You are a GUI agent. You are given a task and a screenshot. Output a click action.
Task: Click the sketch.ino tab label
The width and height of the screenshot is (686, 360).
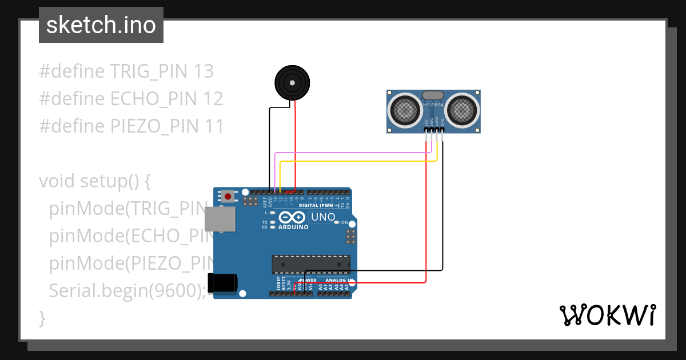point(101,25)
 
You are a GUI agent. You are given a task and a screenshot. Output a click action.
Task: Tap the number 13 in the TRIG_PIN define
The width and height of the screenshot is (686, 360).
point(204,71)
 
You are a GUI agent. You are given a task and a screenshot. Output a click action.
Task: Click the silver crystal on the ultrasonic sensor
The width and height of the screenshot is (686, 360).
point(433,95)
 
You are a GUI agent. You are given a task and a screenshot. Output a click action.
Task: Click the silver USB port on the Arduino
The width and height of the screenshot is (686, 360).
point(220,219)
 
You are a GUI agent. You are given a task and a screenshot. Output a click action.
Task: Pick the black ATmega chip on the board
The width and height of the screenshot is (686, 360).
point(310,265)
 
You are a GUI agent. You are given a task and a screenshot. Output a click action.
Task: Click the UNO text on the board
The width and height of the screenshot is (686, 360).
point(322,218)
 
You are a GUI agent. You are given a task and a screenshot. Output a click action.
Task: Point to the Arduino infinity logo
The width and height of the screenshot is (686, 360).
point(293,218)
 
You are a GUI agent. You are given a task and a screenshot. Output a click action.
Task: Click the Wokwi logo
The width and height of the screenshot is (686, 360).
point(607,315)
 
